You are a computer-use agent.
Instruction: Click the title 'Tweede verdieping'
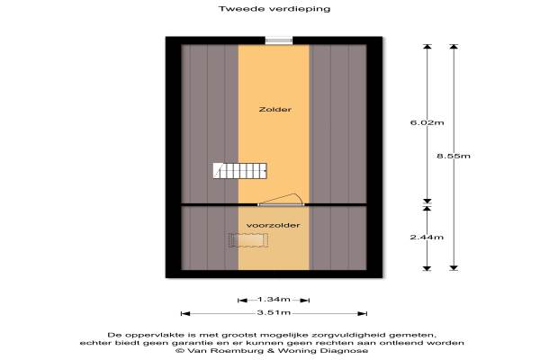[274, 9]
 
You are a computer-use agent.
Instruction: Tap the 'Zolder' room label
[275, 110]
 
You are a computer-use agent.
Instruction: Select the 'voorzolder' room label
[273, 225]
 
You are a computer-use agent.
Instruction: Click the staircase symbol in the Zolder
[239, 171]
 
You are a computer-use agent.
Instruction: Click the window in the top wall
[279, 40]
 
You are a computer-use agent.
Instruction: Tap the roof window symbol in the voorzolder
[248, 240]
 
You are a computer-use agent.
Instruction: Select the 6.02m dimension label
[427, 122]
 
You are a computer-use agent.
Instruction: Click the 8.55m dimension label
[454, 156]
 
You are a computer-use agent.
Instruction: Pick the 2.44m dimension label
[427, 238]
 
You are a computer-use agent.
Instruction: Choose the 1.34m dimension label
[274, 300]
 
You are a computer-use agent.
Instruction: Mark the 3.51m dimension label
[274, 313]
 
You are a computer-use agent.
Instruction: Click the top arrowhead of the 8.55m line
[454, 47]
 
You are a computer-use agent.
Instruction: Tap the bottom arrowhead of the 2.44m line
[427, 268]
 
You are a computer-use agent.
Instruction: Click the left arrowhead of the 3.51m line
[185, 313]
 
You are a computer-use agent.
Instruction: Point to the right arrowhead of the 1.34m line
[305, 301]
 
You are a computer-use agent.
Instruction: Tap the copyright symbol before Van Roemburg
[179, 351]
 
